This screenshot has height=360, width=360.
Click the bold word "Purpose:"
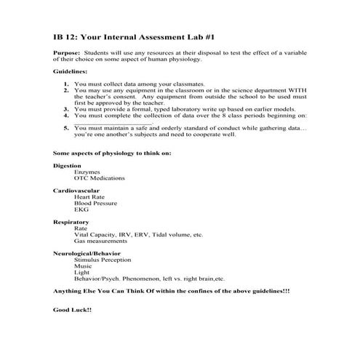coord(68,54)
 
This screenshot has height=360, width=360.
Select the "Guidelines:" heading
coord(70,72)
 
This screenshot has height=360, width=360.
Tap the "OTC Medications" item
coord(99,178)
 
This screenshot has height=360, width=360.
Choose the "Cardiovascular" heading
coord(74,190)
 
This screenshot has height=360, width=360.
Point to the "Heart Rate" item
coord(89,196)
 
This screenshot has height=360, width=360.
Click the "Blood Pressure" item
coord(95,203)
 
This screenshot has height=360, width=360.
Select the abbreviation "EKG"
coord(81,209)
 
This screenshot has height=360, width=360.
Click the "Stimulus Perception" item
coord(103,259)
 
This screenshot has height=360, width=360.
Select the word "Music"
coord(82,265)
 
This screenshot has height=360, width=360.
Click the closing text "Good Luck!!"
coord(72,309)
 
